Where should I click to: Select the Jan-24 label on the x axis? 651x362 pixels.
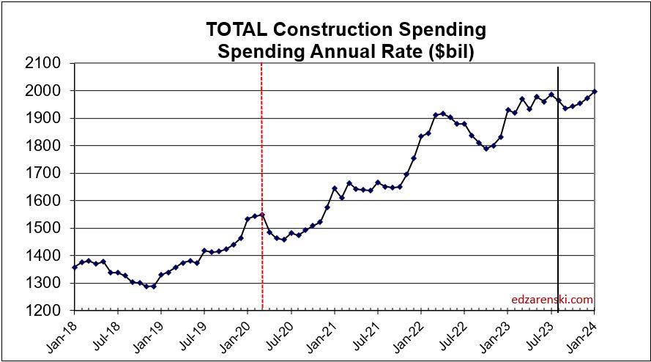click(x=584, y=333)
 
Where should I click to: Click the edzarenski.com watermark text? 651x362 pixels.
click(x=553, y=299)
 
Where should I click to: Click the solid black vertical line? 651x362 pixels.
click(x=559, y=220)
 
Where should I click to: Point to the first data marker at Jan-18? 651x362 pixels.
click(x=74, y=267)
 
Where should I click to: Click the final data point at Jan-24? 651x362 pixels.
click(x=593, y=92)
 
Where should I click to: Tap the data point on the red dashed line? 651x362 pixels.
click(x=262, y=214)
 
